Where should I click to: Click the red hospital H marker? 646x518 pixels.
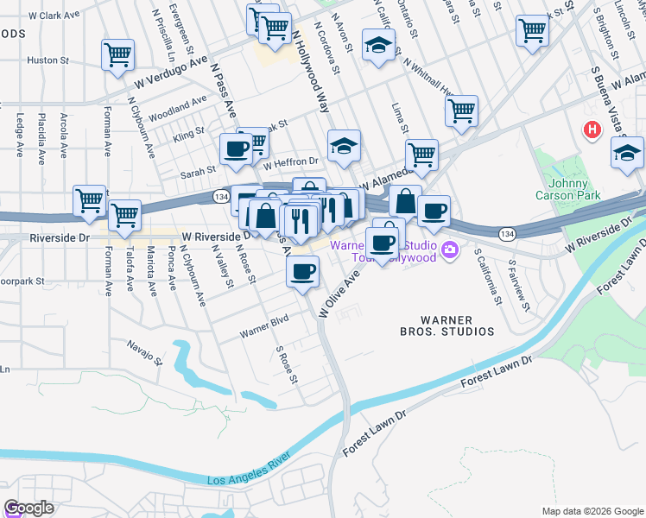tap(592, 130)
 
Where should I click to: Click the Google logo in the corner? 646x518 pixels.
tap(28, 508)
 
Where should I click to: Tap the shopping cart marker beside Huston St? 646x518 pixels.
tap(117, 55)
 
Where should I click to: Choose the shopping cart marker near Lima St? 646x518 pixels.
tap(461, 111)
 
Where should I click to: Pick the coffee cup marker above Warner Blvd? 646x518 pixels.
tap(302, 272)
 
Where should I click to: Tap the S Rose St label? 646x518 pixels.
tap(286, 366)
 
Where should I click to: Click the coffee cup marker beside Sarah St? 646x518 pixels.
tap(236, 148)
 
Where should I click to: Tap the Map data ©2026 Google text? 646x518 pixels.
tap(592, 511)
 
